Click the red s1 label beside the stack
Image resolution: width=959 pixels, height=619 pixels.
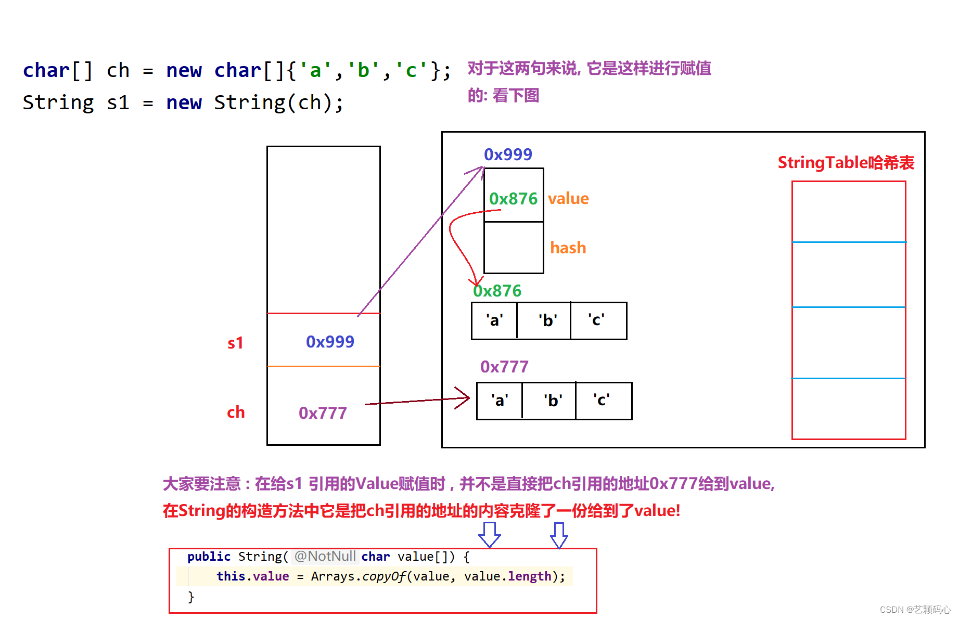(x=235, y=343)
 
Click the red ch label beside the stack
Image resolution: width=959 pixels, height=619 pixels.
(x=236, y=412)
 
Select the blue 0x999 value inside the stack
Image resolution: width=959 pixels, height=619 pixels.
(x=330, y=342)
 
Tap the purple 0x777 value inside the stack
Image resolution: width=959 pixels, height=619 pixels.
(x=323, y=413)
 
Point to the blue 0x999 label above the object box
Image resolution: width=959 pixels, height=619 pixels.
(x=508, y=154)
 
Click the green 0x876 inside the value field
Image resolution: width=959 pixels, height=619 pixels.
(x=513, y=199)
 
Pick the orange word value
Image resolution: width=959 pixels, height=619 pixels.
(x=568, y=199)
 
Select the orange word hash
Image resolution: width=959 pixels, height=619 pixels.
(x=568, y=248)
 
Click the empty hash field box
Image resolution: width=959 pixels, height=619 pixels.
(x=514, y=248)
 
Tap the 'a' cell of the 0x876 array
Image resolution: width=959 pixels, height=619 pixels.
(x=494, y=320)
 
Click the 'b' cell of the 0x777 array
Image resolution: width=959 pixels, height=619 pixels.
(x=553, y=401)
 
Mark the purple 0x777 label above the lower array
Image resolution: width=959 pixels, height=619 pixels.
(x=504, y=367)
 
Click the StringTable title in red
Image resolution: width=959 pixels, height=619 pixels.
(x=846, y=163)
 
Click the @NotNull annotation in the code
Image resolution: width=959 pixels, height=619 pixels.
(x=325, y=557)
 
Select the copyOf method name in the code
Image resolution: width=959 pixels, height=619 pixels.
(x=383, y=576)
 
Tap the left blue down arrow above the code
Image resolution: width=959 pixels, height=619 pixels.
(x=489, y=535)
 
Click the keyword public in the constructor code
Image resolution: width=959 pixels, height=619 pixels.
(x=209, y=557)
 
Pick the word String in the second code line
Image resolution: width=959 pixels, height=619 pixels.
(x=58, y=103)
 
